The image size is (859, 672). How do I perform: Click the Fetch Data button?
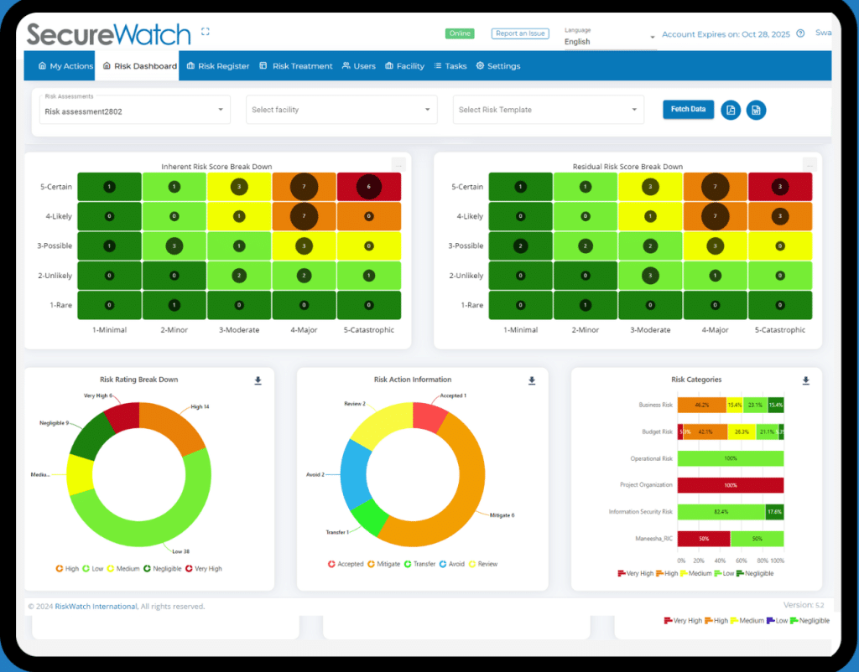click(688, 109)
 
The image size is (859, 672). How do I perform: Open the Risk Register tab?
click(218, 66)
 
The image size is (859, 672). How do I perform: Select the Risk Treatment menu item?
click(296, 66)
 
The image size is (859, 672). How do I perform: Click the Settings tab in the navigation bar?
click(498, 66)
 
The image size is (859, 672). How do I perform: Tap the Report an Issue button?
click(519, 34)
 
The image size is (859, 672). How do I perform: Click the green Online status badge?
click(460, 34)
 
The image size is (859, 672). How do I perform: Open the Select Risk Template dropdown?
click(549, 110)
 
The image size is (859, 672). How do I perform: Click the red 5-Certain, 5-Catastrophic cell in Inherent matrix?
click(369, 187)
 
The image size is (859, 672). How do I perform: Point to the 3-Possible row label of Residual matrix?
click(466, 246)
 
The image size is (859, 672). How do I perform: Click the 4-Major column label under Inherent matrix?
click(305, 329)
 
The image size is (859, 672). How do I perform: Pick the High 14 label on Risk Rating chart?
click(200, 406)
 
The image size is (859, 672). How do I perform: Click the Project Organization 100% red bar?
click(730, 485)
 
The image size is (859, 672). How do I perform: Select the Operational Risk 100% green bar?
click(730, 458)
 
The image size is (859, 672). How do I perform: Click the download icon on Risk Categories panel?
click(805, 380)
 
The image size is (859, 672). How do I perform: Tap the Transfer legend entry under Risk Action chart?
click(419, 564)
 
